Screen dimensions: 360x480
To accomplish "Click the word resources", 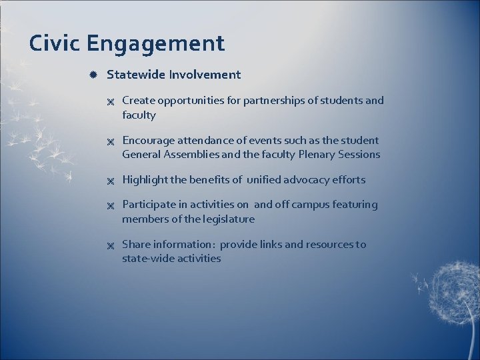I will pos(329,245).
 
